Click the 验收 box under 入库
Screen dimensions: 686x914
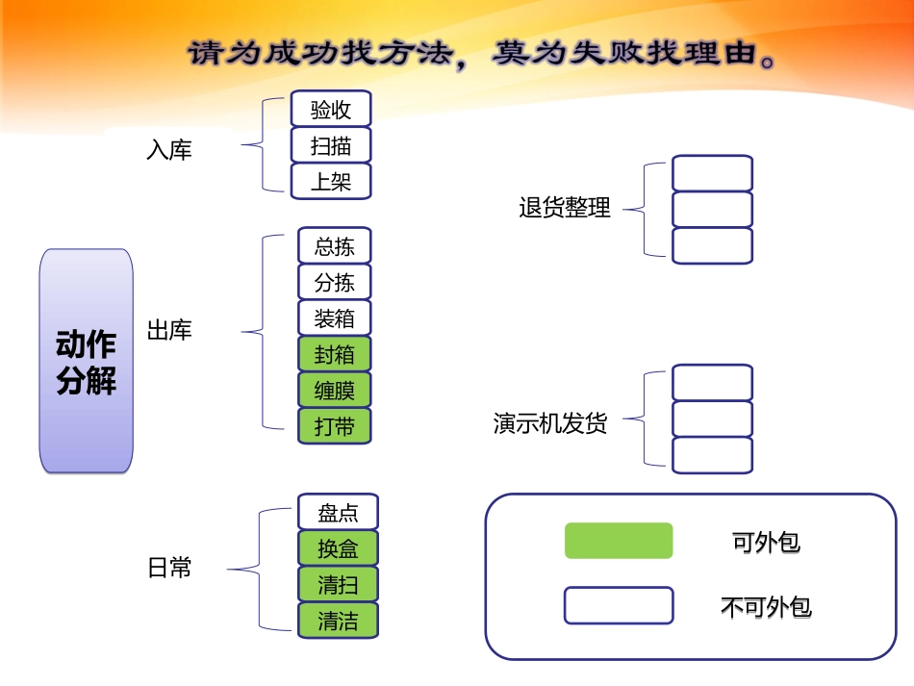pyautogui.click(x=331, y=110)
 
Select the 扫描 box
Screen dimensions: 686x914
pyautogui.click(x=331, y=145)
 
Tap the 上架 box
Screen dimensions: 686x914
pyautogui.click(x=331, y=181)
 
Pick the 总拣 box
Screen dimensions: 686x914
pyautogui.click(x=334, y=246)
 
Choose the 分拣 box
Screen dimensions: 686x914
pyautogui.click(x=334, y=282)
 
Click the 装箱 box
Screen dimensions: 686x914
pyautogui.click(x=334, y=318)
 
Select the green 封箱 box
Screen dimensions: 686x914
pyautogui.click(x=334, y=354)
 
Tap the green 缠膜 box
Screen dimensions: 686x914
pyautogui.click(x=334, y=390)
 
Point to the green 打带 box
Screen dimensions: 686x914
pyautogui.click(x=334, y=425)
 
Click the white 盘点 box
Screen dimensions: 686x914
pyautogui.click(x=338, y=512)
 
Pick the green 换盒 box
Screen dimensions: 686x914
pyautogui.click(x=338, y=548)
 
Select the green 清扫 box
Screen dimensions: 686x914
pyautogui.click(x=338, y=584)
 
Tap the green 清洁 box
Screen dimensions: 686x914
pyautogui.click(x=338, y=621)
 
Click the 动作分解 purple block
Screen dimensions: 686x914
pyautogui.click(x=87, y=362)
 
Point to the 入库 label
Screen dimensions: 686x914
pyautogui.click(x=169, y=150)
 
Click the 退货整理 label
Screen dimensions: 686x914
pyautogui.click(x=565, y=208)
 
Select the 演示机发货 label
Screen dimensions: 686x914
pyautogui.click(x=550, y=423)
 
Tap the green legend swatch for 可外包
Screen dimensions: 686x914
pyautogui.click(x=619, y=541)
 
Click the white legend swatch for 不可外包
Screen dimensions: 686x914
pyautogui.click(x=619, y=606)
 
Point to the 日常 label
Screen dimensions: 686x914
pyautogui.click(x=169, y=568)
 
